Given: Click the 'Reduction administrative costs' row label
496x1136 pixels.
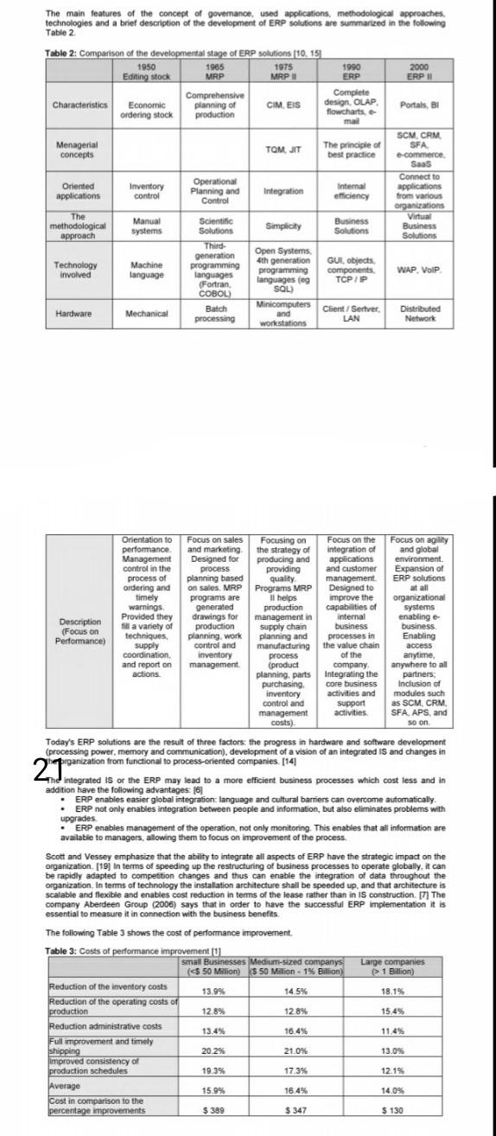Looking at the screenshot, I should click(105, 1026).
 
